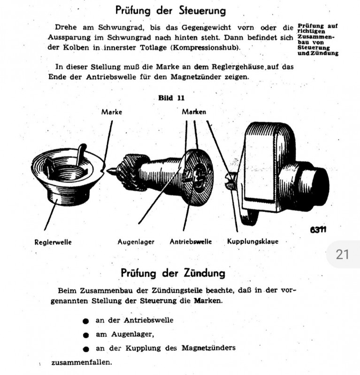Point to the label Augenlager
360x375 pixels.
coord(136,242)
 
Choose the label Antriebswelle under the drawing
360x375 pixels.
coord(191,242)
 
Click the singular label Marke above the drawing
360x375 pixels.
coord(112,112)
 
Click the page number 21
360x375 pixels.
coord(343,255)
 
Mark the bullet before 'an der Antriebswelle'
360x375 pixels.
coord(85,322)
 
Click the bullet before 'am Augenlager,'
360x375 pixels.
coord(85,335)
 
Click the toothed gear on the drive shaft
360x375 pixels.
coord(127,171)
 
